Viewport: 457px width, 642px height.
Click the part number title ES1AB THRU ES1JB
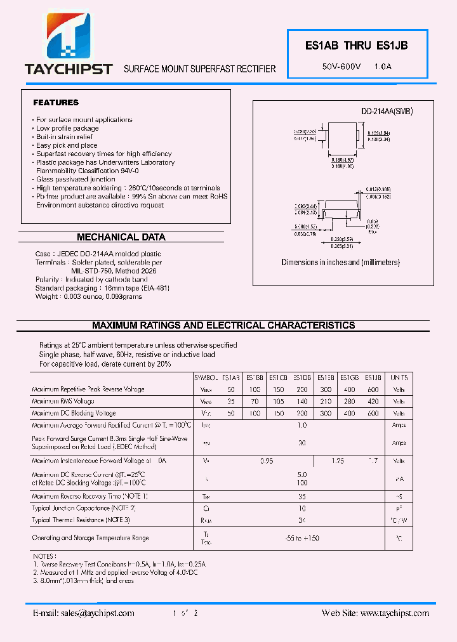click(357, 46)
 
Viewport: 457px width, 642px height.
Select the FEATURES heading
click(56, 102)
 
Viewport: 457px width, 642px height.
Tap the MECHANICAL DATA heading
click(121, 237)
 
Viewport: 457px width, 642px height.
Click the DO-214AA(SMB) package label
click(387, 111)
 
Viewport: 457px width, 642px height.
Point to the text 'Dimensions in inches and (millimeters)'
click(341, 262)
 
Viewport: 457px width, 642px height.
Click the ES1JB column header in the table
click(374, 377)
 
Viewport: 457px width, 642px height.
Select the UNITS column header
click(399, 377)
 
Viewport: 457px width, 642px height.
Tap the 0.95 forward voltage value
click(267, 461)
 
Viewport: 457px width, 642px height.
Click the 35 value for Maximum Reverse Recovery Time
click(301, 497)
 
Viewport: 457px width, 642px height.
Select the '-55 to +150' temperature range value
click(301, 538)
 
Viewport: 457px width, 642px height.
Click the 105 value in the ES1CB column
click(278, 402)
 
